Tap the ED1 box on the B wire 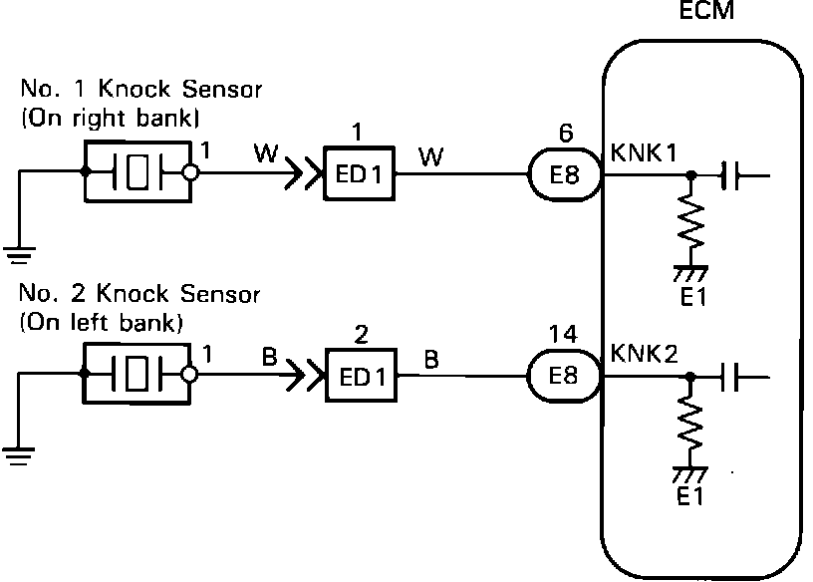[360, 378]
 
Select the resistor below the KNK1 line [690, 225]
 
